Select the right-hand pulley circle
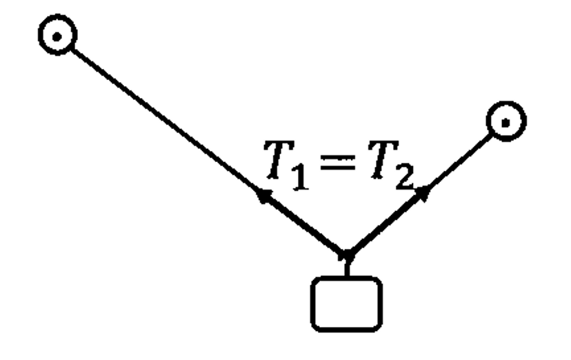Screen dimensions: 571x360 505,122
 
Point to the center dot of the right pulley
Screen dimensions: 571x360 506,123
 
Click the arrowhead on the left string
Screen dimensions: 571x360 263,195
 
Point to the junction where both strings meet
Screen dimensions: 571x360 346,254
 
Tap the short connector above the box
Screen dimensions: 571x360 346,267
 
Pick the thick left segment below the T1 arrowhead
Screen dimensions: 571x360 303,224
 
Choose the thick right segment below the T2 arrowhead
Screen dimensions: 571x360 384,223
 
